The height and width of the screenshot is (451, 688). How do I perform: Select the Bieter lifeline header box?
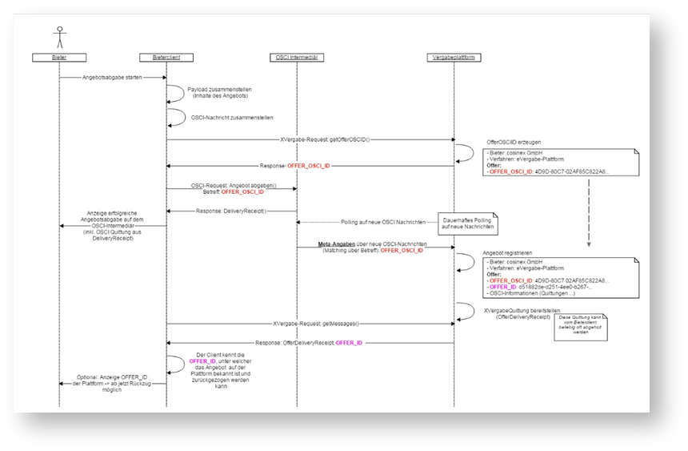click(58, 57)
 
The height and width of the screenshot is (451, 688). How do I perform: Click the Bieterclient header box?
click(166, 57)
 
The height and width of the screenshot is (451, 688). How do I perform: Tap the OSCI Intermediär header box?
click(297, 57)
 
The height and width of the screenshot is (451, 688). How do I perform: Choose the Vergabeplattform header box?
click(454, 57)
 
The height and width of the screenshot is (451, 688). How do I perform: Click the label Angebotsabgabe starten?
click(112, 78)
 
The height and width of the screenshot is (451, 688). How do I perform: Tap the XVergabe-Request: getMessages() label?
click(316, 324)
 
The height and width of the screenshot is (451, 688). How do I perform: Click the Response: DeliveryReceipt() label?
click(231, 211)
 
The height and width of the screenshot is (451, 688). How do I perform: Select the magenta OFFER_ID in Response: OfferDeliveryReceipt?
click(350, 343)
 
